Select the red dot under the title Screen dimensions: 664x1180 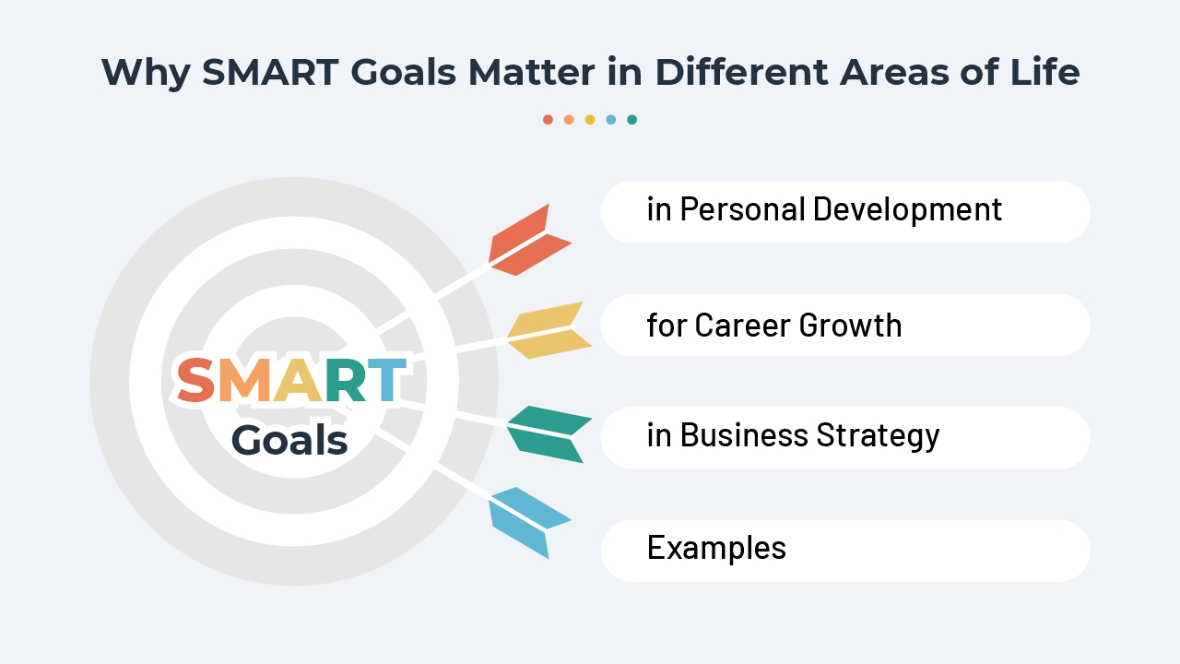(548, 119)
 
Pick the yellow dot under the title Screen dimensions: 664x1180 (590, 119)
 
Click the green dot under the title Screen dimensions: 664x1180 (631, 119)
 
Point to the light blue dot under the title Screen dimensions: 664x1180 (610, 119)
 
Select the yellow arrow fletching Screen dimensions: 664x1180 (549, 330)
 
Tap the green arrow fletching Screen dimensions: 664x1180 (550, 433)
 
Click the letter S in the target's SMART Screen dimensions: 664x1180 (195, 381)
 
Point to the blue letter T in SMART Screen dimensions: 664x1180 (385, 381)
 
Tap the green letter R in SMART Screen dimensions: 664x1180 (343, 381)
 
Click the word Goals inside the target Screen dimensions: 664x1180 (289, 440)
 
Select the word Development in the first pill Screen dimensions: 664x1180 (907, 210)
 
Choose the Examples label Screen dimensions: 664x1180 (716, 548)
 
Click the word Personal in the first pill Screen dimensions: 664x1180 (742, 210)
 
